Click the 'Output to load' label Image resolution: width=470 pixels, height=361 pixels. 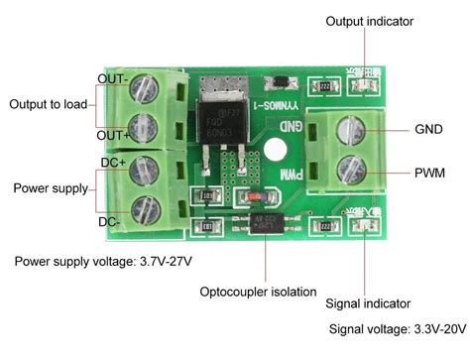point(48,104)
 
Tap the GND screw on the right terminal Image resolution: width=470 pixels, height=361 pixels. point(346,129)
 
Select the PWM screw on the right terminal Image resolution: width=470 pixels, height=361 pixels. point(346,167)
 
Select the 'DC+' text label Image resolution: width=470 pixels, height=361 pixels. point(111,162)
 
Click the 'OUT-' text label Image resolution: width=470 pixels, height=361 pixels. point(111,77)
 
